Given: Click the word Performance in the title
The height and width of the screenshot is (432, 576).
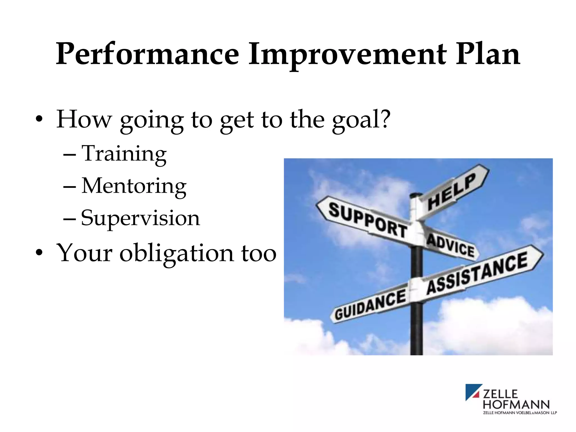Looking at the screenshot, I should [x=147, y=54].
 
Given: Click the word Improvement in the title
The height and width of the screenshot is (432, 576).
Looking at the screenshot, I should [x=347, y=54].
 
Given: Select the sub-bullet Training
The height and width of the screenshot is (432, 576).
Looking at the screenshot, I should [x=124, y=154].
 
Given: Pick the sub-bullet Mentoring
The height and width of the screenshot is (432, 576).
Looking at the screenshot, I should [x=134, y=186].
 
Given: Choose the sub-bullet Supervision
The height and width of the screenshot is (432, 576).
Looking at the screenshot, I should [x=140, y=218].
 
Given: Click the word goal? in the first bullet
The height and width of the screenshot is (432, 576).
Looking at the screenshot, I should [x=361, y=120].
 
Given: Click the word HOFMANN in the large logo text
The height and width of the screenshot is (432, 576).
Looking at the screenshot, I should [x=516, y=405].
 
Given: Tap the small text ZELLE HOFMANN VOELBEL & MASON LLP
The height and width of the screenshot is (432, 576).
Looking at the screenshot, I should [x=520, y=413].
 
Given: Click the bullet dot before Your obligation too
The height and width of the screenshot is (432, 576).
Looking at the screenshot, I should [x=39, y=252].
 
